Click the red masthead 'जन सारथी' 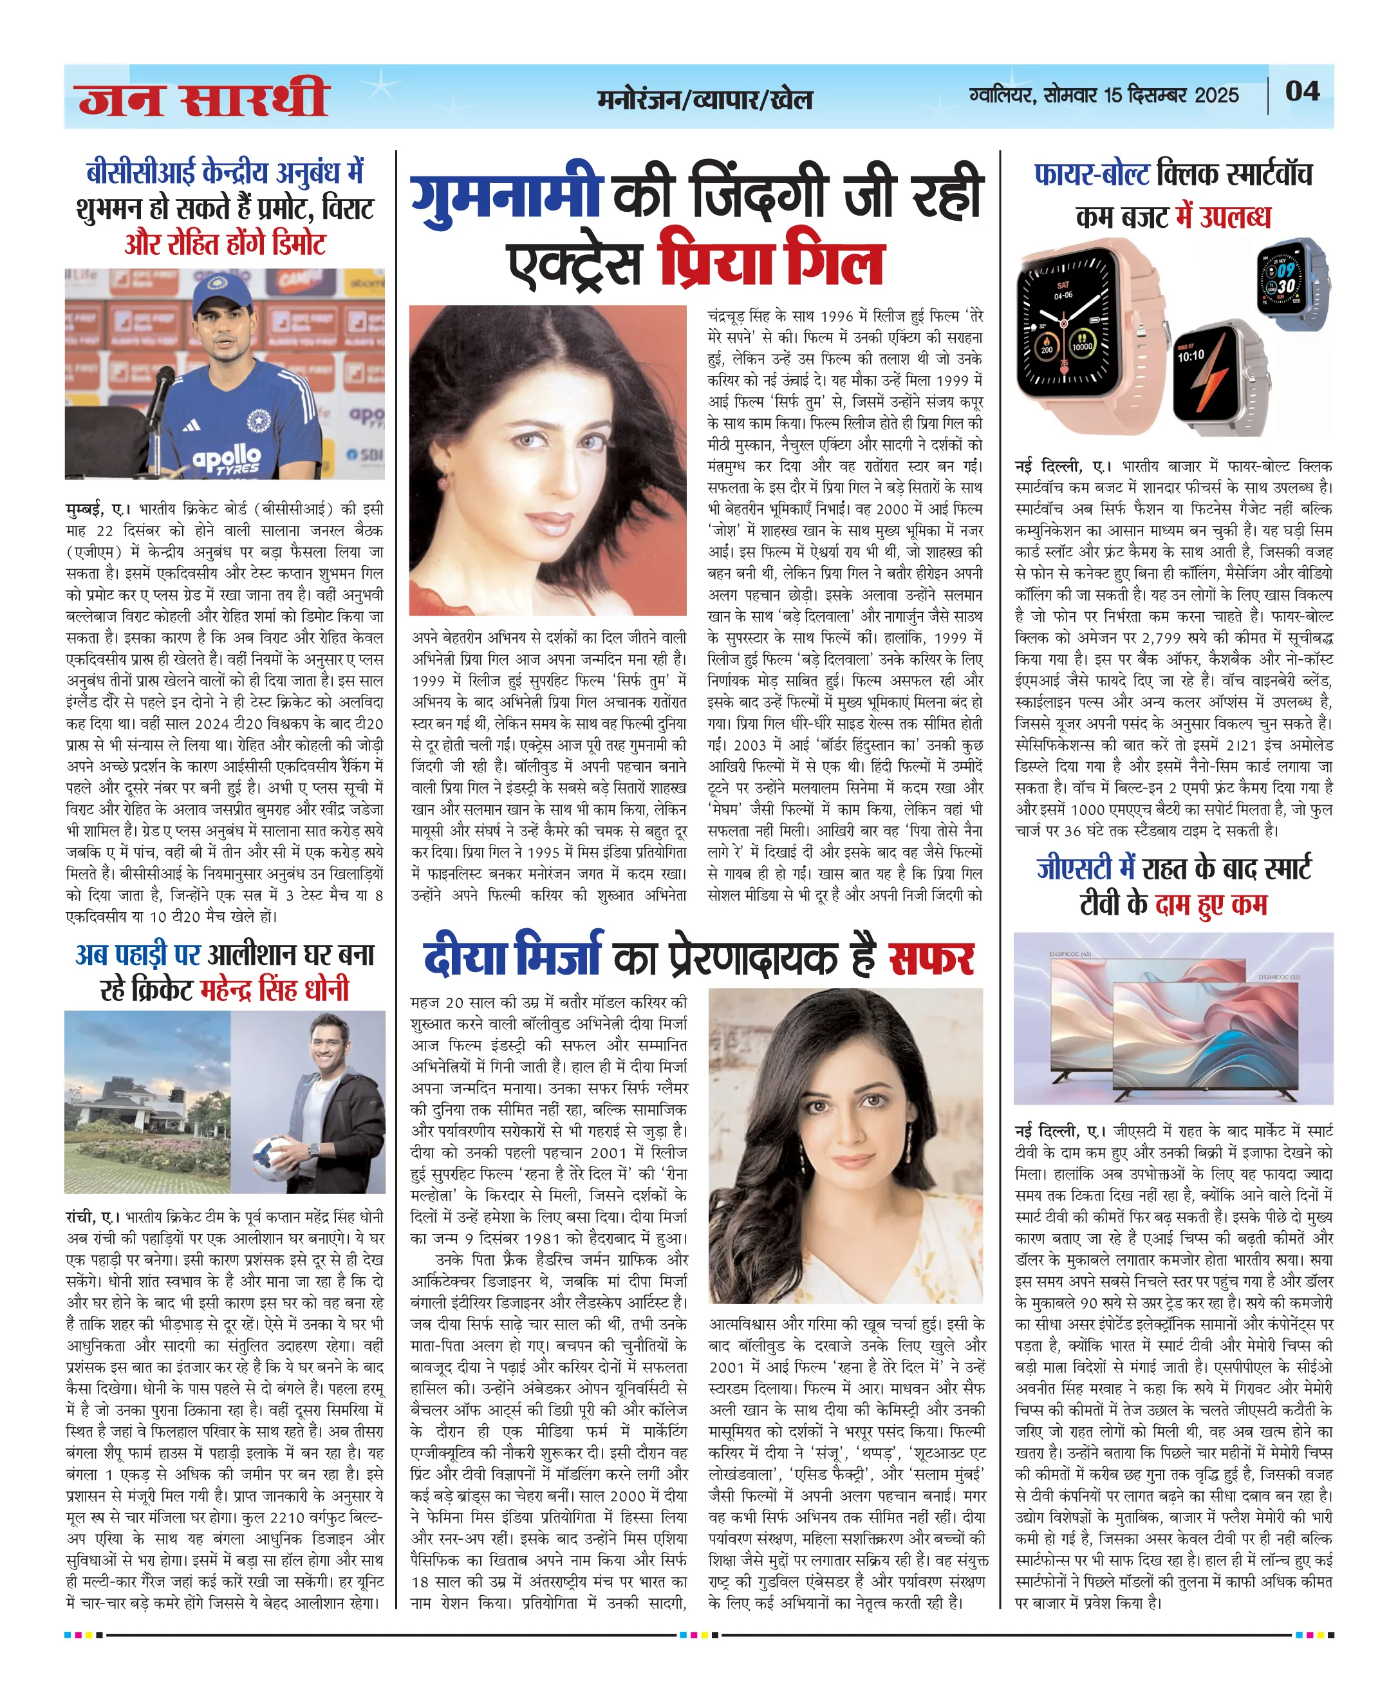[x=203, y=98]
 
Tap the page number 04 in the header [x=1301, y=91]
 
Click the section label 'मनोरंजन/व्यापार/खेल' [x=705, y=99]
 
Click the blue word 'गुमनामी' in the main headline [x=507, y=195]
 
